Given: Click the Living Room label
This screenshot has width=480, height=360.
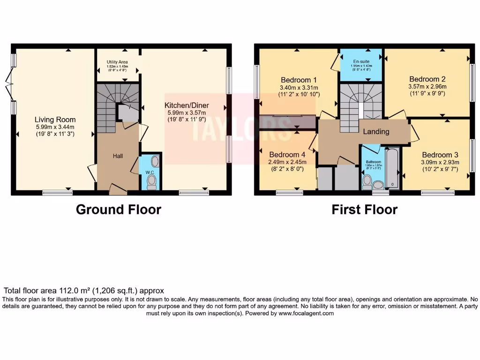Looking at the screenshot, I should point(55,120).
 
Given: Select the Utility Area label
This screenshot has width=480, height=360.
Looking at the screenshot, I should point(117,62).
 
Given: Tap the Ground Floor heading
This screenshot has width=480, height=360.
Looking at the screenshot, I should point(119,210).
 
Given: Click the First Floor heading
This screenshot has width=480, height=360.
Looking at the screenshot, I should point(364,210).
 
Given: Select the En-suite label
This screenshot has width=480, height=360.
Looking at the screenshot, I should point(361,61).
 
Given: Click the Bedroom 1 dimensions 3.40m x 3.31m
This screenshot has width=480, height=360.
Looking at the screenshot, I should point(299,88).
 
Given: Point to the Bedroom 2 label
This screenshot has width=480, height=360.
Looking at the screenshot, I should point(427,79).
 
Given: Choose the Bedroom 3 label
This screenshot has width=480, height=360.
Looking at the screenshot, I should point(440,155).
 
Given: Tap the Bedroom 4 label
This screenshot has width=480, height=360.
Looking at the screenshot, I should point(286,155).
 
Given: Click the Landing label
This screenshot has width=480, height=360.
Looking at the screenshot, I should point(376,132).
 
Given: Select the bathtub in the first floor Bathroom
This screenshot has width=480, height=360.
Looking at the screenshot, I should point(392,169).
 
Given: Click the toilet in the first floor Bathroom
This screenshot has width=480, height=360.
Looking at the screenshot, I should point(367,180).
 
